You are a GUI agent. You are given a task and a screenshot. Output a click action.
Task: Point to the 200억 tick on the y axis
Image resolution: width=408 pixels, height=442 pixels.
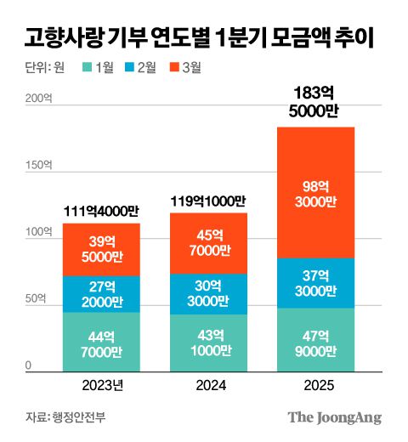click(x=36, y=99)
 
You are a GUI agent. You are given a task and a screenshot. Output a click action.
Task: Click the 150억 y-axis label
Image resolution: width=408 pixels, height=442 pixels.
click(x=36, y=166)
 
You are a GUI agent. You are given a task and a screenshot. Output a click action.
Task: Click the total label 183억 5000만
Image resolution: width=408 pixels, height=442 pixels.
click(x=314, y=101)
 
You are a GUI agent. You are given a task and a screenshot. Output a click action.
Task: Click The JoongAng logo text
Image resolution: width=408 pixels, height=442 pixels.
click(x=334, y=417)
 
